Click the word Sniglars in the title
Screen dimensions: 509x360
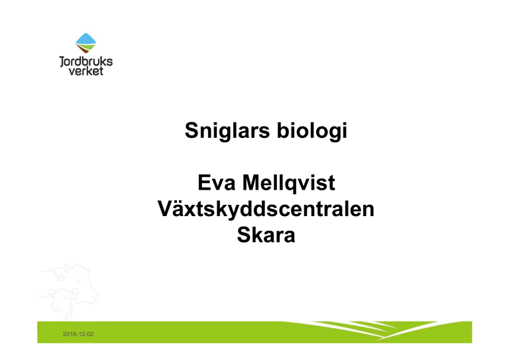pos(227,131)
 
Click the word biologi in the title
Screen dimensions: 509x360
pos(312,131)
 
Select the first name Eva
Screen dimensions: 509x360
pos(216,182)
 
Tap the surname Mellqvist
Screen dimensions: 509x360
pos(288,184)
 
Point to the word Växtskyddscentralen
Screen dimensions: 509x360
pos(266,210)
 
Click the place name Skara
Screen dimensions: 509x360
pos(266,235)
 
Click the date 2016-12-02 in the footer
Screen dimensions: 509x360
pos(78,334)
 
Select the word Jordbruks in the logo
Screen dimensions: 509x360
pos(86,62)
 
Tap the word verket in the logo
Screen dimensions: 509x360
pos(86,71)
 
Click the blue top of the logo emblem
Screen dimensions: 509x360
pos(86,38)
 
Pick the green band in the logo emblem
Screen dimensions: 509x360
pos(86,47)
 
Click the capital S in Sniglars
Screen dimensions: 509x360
pos(191,131)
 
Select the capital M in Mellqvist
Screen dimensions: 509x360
pos(252,182)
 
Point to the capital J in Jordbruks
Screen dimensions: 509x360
pos(62,62)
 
